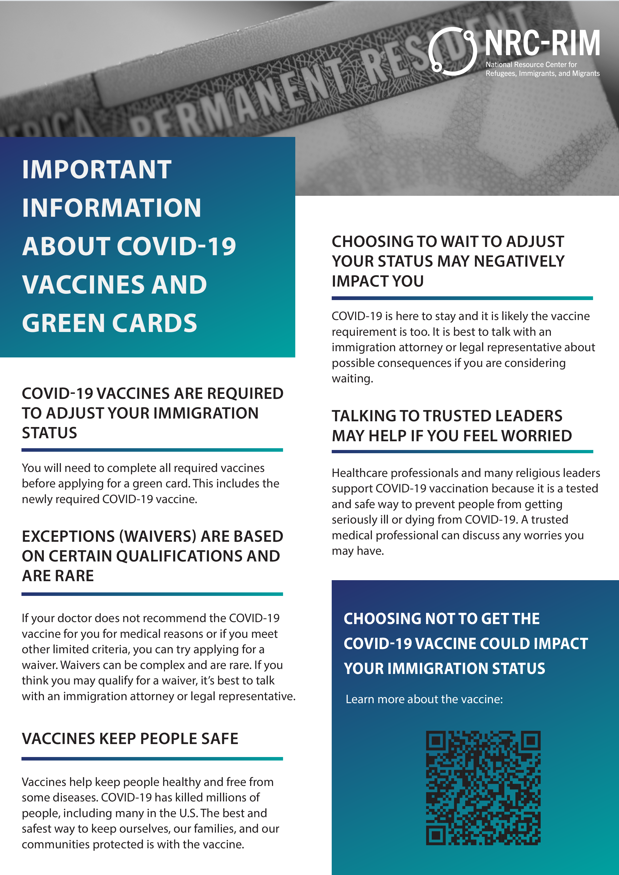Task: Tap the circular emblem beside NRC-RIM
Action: click(x=452, y=51)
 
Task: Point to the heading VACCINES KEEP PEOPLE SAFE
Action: click(x=130, y=739)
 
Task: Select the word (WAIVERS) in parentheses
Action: click(x=158, y=536)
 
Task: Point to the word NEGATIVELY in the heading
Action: click(x=519, y=261)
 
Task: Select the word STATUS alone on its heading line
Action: click(x=50, y=433)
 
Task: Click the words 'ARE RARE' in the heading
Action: click(x=58, y=575)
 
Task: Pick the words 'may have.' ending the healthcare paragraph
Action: click(x=357, y=551)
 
